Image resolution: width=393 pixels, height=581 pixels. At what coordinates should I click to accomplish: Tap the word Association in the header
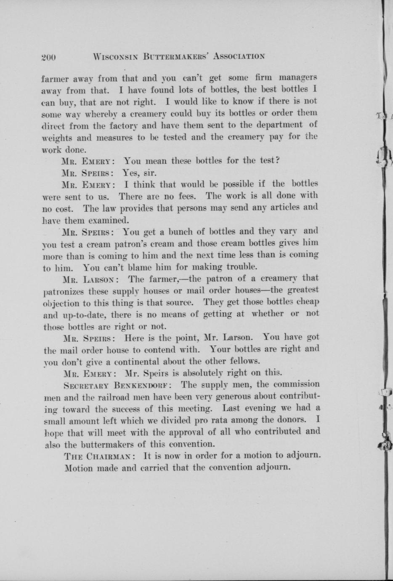pos(239,56)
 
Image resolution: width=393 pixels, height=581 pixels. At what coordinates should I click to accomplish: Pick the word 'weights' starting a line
pos(56,138)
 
